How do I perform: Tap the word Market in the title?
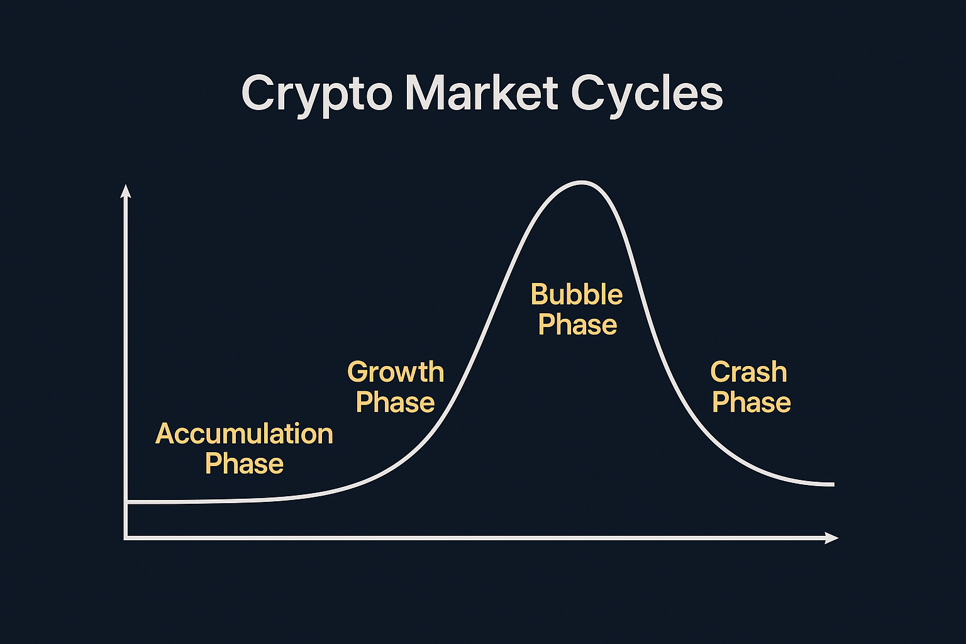click(482, 92)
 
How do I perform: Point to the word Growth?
click(396, 372)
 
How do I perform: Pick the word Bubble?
click(577, 294)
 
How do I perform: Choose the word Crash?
click(748, 372)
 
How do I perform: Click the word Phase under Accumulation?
click(244, 464)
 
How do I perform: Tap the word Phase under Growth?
click(395, 402)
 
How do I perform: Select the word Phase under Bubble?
click(577, 325)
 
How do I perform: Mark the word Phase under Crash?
click(752, 402)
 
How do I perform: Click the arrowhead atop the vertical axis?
click(126, 191)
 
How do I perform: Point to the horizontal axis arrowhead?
click(831, 538)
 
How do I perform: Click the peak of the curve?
click(582, 182)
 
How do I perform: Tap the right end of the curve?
click(833, 485)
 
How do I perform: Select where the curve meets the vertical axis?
click(127, 502)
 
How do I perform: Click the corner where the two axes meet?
click(126, 538)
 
